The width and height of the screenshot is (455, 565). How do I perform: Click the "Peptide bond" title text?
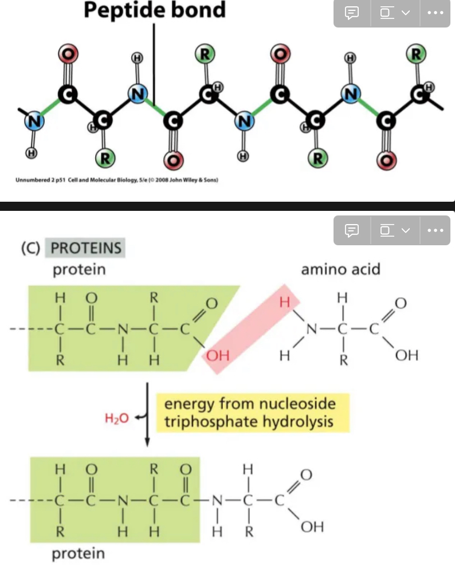[x=155, y=10]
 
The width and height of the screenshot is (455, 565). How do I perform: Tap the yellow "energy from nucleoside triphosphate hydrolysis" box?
[x=249, y=413]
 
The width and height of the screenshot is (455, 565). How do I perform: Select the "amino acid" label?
[x=340, y=269]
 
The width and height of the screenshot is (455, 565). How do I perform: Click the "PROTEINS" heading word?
[x=86, y=248]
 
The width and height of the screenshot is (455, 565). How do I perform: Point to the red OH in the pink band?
[x=218, y=356]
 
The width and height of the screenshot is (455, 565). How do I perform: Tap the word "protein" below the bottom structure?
[x=79, y=553]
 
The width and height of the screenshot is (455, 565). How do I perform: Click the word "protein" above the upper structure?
[x=79, y=269]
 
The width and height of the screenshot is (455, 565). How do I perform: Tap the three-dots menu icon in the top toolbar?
[x=436, y=12]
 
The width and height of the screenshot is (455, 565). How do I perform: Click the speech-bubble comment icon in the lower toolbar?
[x=352, y=230]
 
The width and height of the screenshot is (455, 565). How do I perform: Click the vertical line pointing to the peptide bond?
[x=154, y=57]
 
